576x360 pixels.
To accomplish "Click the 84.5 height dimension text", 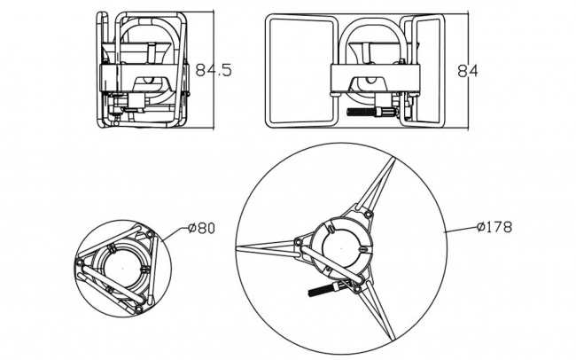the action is point(214,70).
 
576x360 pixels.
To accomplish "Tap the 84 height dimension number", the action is point(468,71).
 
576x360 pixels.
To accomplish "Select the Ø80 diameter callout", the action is point(201,229).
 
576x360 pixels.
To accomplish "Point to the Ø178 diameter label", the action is point(494,227).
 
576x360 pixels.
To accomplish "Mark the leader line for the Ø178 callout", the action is point(461,230).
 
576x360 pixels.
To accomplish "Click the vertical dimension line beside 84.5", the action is point(214,70).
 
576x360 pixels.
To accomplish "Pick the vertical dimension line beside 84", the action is point(468,71).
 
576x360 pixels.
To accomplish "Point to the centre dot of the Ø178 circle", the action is point(342,248).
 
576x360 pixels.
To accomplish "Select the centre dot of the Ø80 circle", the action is point(122,268).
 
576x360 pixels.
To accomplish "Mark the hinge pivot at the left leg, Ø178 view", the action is point(299,242).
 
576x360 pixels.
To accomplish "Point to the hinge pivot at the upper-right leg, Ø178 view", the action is point(368,215).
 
